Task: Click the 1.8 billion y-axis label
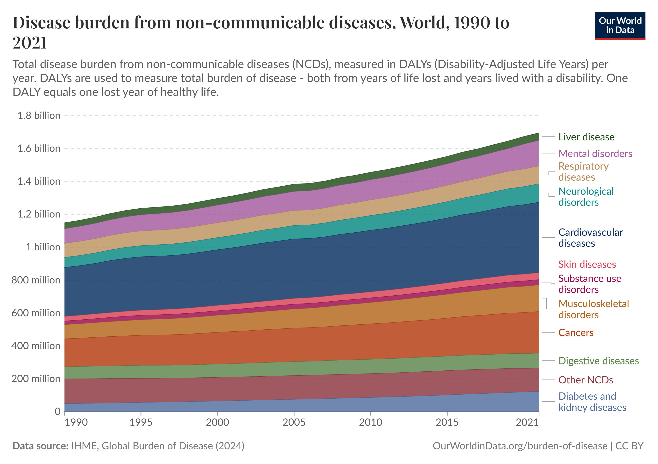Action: coord(39,116)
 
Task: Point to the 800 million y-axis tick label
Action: coord(36,280)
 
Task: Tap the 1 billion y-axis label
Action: coord(43,247)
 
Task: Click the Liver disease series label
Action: coord(586,137)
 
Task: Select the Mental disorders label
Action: coord(595,154)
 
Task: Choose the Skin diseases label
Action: coord(587,264)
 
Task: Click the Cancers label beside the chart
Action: coord(576,333)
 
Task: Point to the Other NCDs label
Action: coord(585,380)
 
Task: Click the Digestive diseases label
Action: coord(598,361)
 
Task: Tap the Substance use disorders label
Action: coord(589,284)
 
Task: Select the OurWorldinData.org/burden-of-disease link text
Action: coord(520,446)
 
